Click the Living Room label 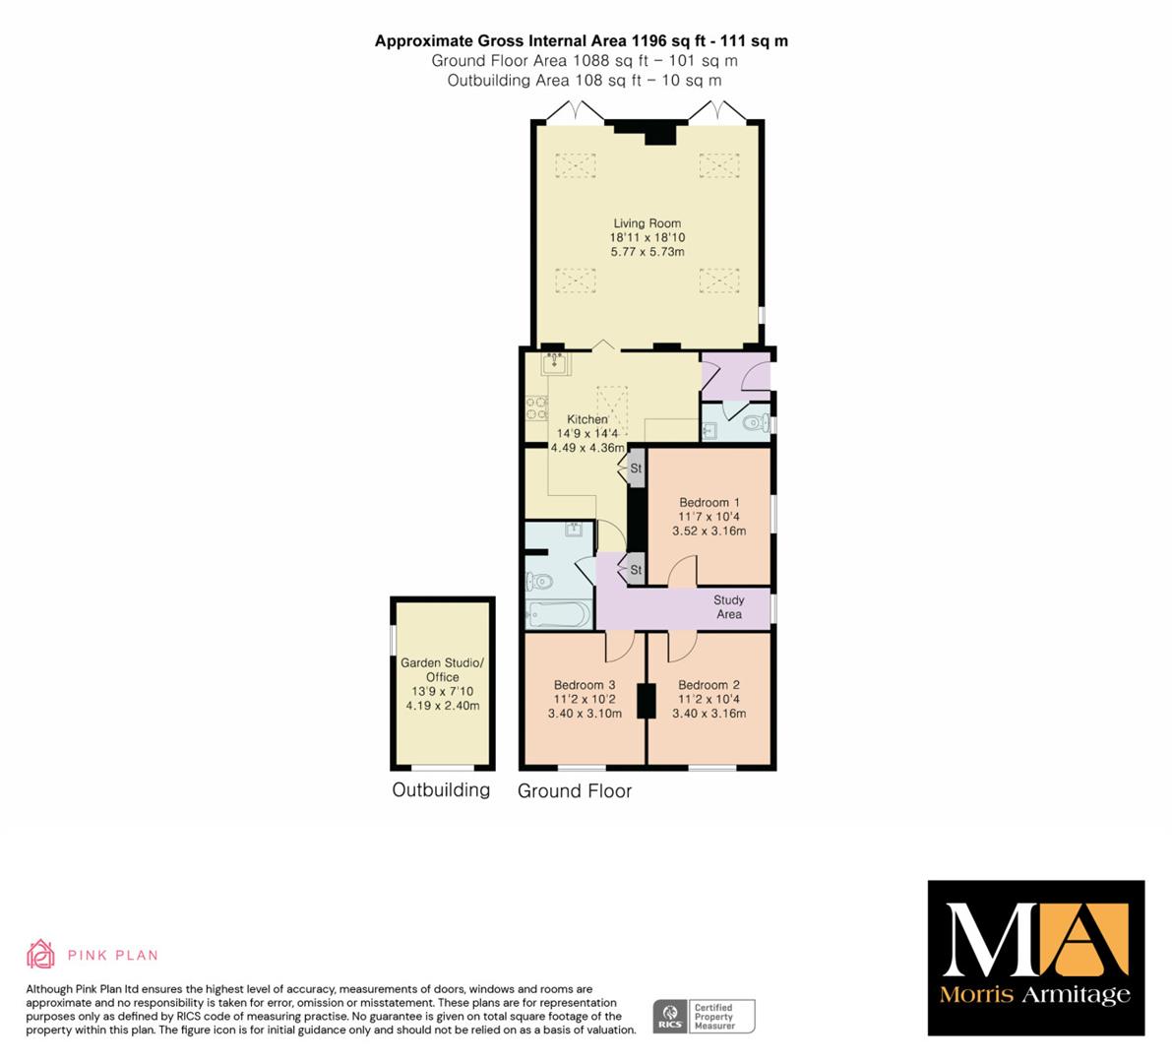pos(648,222)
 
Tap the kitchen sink pos(555,363)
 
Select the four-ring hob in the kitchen pos(536,408)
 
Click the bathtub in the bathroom pos(558,615)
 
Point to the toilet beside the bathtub pos(539,581)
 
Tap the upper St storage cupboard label pos(636,469)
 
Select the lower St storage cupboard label pos(636,570)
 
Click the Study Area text pos(729,607)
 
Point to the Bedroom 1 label pos(709,502)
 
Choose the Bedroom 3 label pos(585,685)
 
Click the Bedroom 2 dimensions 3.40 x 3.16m pos(709,714)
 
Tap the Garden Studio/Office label pos(443,670)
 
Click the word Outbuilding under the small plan pos(441,790)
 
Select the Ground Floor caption pos(575,791)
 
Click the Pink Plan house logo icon pos(40,954)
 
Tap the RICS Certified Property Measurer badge pos(705,1017)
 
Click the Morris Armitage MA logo pos(1036,958)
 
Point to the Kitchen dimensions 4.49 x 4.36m pos(587,448)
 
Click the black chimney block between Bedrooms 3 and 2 pos(646,701)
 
